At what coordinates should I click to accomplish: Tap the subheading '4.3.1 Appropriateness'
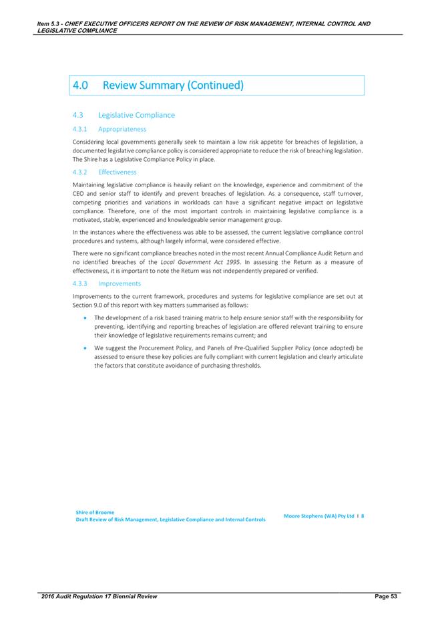point(110,129)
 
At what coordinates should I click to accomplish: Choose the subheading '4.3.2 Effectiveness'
point(105,172)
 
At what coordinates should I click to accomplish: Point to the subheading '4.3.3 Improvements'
point(107,283)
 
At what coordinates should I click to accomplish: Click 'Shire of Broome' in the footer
point(95,512)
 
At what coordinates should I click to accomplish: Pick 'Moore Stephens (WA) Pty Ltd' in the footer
point(317,516)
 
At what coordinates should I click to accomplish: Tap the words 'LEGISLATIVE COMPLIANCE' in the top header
point(75,31)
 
